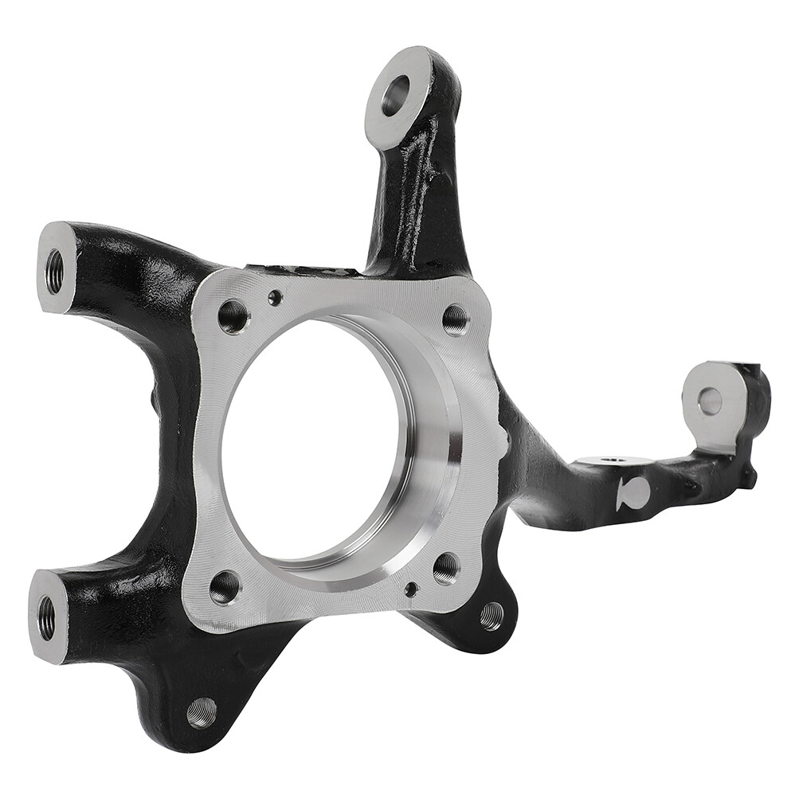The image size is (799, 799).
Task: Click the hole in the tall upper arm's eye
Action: click(395, 95)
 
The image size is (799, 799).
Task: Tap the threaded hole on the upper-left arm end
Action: click(55, 272)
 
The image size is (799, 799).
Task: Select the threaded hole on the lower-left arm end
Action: click(46, 617)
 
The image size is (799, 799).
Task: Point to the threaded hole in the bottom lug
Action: click(202, 711)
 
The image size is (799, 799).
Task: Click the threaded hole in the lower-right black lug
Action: click(492, 615)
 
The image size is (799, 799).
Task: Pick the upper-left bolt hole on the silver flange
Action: click(233, 316)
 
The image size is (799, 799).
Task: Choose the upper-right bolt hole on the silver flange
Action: click(456, 319)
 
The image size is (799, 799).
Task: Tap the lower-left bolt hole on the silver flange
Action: click(225, 587)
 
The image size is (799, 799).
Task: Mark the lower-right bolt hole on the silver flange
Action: click(446, 568)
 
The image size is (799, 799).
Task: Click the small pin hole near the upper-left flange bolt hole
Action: click(275, 298)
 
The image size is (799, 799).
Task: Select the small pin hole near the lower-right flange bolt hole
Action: click(411, 589)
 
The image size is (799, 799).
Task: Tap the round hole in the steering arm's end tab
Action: click(710, 401)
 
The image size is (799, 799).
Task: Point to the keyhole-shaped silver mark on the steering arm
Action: click(633, 494)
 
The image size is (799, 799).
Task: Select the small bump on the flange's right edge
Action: click(502, 434)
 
